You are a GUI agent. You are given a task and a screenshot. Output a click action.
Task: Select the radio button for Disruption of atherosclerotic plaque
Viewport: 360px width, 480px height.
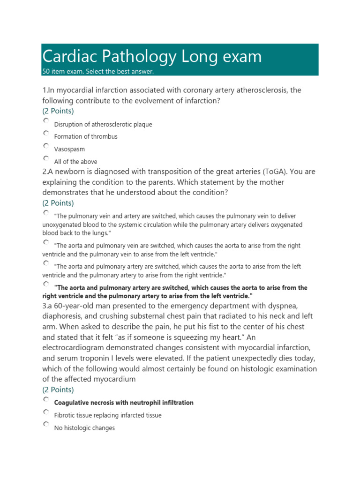click(x=45, y=120)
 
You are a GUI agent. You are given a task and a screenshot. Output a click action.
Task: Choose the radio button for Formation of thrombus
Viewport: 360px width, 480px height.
click(x=45, y=133)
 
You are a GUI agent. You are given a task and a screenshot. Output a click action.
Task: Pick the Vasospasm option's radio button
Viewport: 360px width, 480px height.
click(x=45, y=146)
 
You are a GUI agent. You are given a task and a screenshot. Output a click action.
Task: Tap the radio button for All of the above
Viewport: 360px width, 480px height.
click(x=45, y=158)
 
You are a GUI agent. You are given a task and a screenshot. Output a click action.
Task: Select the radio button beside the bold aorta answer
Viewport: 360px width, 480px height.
click(x=45, y=284)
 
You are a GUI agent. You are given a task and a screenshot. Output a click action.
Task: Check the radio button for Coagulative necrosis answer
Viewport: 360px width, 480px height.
click(x=45, y=399)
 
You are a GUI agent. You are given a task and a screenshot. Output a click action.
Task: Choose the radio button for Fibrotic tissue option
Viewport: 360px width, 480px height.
click(x=45, y=412)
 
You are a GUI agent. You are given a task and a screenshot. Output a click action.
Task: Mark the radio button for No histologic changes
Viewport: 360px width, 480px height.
click(x=45, y=424)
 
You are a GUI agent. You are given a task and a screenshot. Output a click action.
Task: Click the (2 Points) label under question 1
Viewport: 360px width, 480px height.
click(x=58, y=111)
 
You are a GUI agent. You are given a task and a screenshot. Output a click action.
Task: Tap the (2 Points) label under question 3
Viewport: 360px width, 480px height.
click(x=58, y=390)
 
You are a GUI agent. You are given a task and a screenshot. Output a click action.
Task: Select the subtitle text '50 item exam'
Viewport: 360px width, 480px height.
click(x=63, y=72)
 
